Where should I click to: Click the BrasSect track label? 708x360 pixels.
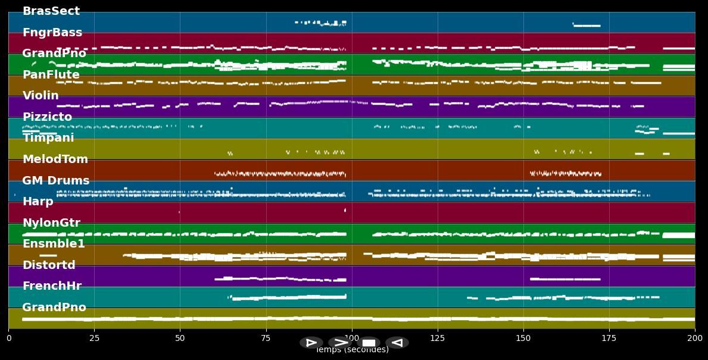click(x=51, y=11)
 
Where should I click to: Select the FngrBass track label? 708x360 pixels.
click(x=52, y=33)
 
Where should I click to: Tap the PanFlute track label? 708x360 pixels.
click(x=51, y=75)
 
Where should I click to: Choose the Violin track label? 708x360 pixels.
click(x=40, y=96)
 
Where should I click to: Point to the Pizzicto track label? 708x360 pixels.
click(x=47, y=117)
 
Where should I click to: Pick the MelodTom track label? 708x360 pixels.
click(x=55, y=159)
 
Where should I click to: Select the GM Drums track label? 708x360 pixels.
click(x=55, y=181)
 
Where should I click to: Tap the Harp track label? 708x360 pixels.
click(x=38, y=202)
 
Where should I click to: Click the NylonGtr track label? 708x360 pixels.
click(x=51, y=223)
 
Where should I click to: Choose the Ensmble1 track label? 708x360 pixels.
click(x=54, y=244)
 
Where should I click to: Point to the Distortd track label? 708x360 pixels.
click(x=49, y=265)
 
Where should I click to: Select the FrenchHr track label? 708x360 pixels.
click(x=52, y=286)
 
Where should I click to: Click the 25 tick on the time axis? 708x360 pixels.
click(x=94, y=338)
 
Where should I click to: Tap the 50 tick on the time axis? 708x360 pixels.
click(x=180, y=338)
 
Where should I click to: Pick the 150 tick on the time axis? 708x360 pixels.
click(x=523, y=338)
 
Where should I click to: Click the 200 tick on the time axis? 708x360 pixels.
click(x=695, y=338)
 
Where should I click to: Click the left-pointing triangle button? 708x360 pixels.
click(x=397, y=343)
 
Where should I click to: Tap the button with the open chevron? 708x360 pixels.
click(x=340, y=343)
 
